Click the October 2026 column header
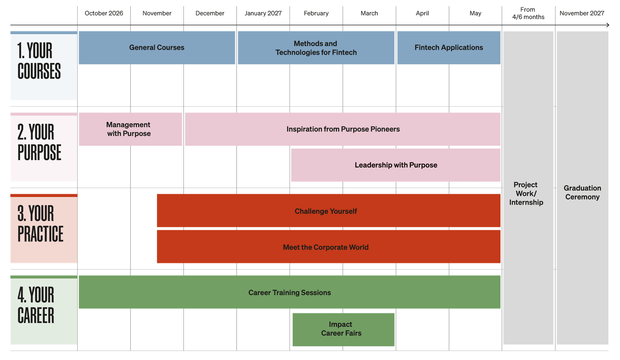104,13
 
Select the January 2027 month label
263,13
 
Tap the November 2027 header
582,13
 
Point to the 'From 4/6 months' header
528,13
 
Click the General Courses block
157,48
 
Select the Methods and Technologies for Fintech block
316,48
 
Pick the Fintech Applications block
449,48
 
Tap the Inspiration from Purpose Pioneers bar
343,129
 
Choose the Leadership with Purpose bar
396,165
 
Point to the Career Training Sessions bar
290,293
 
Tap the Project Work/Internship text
526,193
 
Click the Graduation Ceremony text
582,192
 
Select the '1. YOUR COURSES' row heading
39,61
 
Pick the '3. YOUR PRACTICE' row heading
40,224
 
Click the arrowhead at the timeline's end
608,25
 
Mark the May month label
475,13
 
